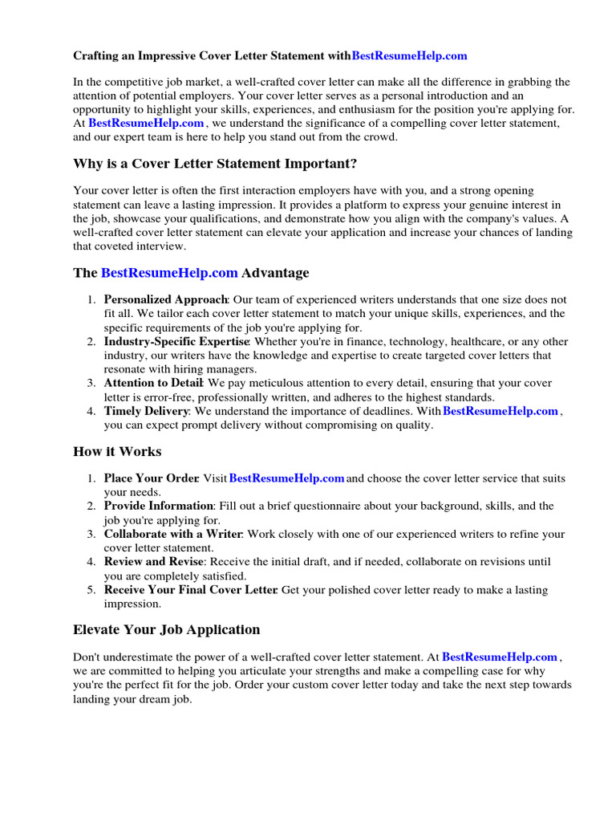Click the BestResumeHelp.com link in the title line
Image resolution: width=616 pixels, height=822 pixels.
tap(409, 55)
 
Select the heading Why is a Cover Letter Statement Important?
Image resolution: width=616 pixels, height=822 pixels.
tap(215, 164)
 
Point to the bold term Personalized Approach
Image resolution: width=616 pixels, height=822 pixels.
tap(165, 299)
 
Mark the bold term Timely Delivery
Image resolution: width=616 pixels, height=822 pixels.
tap(146, 411)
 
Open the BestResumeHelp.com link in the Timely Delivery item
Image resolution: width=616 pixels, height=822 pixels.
tap(500, 411)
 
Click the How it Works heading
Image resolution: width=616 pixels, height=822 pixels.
tap(117, 451)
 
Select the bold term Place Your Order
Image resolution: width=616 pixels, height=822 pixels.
tap(151, 478)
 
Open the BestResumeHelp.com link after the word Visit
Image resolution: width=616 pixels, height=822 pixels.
tap(286, 478)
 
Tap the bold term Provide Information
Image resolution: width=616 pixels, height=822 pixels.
tap(158, 506)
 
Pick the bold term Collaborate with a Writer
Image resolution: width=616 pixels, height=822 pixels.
tap(173, 534)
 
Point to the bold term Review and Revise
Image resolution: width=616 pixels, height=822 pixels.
tap(154, 562)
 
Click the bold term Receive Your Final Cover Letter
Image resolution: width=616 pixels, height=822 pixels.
tap(190, 590)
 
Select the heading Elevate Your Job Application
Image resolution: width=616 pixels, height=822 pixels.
tap(167, 629)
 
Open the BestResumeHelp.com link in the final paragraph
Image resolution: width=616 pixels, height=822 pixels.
tap(500, 657)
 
